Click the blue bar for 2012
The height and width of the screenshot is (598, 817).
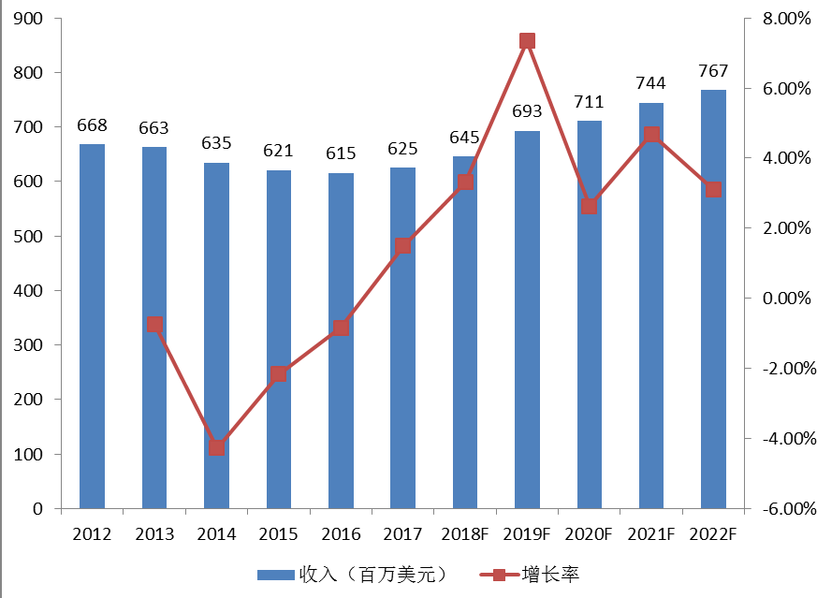click(92, 327)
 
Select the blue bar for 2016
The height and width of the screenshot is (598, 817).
click(341, 341)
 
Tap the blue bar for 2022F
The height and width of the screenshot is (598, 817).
click(713, 299)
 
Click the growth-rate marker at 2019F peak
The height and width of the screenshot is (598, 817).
click(527, 40)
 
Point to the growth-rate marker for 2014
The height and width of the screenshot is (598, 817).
click(216, 447)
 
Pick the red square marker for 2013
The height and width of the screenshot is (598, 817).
click(154, 325)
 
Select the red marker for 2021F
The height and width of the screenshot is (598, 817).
click(651, 135)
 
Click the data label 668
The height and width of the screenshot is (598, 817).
click(92, 126)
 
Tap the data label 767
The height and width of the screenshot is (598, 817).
click(713, 72)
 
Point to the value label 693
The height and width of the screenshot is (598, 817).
click(527, 112)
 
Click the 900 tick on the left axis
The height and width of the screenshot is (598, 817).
click(28, 19)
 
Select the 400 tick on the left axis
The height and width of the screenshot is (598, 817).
click(28, 291)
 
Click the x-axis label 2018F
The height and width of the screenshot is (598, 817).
click(465, 534)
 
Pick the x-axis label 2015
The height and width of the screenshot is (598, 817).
click(279, 534)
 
